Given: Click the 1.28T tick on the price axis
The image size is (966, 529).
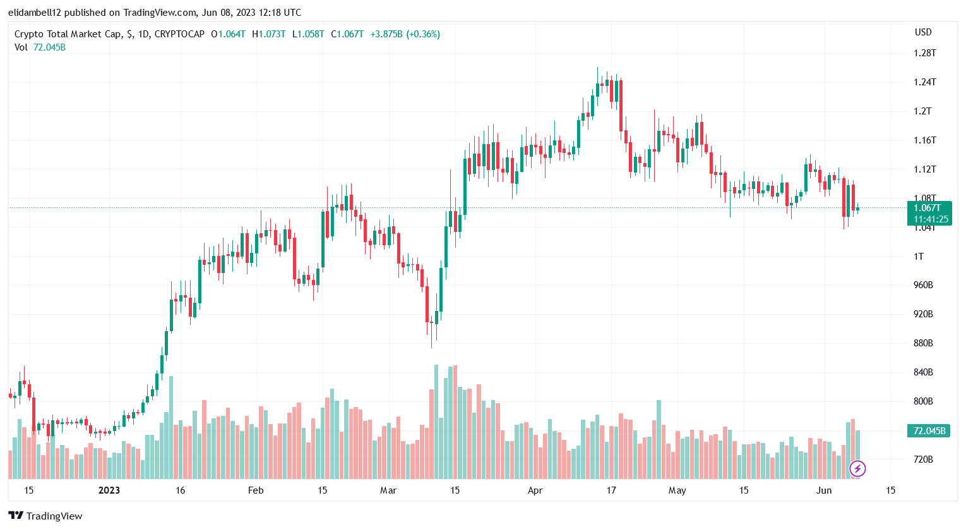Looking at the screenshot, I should pyautogui.click(x=924, y=53).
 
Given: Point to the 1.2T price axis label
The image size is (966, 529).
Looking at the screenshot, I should pyautogui.click(x=922, y=111).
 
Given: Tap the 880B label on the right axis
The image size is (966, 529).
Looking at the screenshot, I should pyautogui.click(x=923, y=343).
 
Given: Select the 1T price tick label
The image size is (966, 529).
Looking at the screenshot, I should pyautogui.click(x=919, y=257).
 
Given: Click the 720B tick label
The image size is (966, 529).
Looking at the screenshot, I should pyautogui.click(x=923, y=459).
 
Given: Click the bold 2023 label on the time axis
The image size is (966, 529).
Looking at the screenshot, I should pyautogui.click(x=109, y=490).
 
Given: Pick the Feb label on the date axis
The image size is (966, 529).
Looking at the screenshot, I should pyautogui.click(x=256, y=490).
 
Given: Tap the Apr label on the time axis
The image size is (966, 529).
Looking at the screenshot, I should pyautogui.click(x=535, y=490).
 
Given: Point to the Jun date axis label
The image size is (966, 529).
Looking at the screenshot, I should pyautogui.click(x=824, y=490).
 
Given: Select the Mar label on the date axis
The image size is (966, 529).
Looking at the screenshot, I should pyautogui.click(x=388, y=490).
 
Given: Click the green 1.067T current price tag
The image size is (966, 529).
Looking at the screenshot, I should pyautogui.click(x=929, y=213).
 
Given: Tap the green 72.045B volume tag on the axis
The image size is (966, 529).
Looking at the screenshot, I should pyautogui.click(x=929, y=431).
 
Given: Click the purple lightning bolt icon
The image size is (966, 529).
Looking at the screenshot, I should pyautogui.click(x=857, y=468).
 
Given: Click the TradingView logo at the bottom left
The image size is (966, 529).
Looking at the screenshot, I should pyautogui.click(x=45, y=516).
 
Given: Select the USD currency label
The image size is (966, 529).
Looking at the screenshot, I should pyautogui.click(x=923, y=32).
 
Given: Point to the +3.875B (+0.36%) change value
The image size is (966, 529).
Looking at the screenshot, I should pyautogui.click(x=405, y=34).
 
